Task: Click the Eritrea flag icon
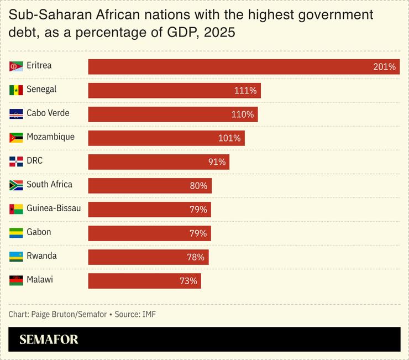(16, 66)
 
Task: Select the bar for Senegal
(174, 90)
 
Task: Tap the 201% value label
(384, 67)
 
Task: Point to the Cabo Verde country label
(48, 113)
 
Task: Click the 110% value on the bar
(242, 114)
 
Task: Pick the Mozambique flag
(16, 138)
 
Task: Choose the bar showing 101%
(166, 138)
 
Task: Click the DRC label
(34, 161)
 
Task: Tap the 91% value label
(217, 162)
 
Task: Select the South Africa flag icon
(16, 185)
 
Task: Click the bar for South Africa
(149, 186)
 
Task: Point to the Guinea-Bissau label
(54, 208)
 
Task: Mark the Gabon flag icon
(16, 233)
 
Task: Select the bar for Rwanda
(148, 257)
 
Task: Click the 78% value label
(195, 257)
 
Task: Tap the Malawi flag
(16, 280)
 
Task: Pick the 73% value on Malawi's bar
(188, 281)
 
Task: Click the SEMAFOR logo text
(49, 340)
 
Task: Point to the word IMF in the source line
(149, 315)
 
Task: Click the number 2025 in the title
(219, 33)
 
